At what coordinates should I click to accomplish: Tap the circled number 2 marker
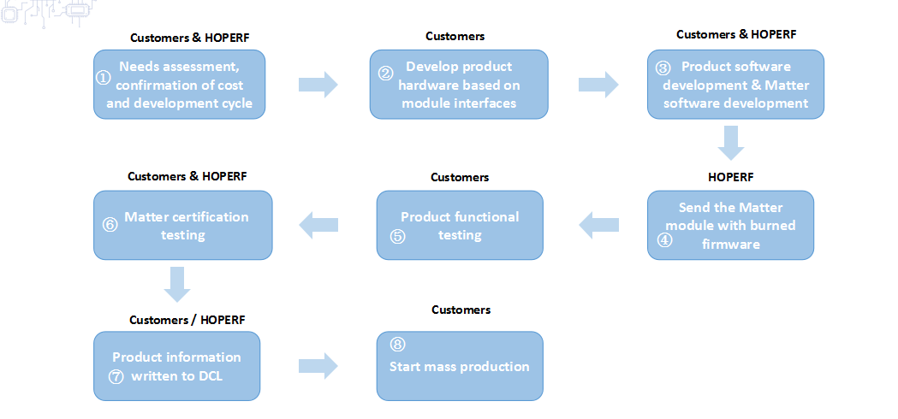[x=385, y=74]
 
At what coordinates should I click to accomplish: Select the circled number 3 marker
[x=663, y=68]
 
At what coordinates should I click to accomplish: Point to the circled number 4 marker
[x=664, y=240]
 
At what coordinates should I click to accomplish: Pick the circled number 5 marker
[x=397, y=236]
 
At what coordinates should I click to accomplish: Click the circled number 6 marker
[x=110, y=224]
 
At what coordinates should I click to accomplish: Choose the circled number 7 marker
[x=116, y=377]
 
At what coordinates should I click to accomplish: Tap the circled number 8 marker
[x=397, y=344]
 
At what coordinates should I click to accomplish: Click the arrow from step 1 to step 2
[x=318, y=85]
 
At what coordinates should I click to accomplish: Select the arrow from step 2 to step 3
[x=598, y=85]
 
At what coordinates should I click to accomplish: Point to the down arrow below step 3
[x=731, y=143]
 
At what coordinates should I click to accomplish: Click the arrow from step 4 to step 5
[x=599, y=226]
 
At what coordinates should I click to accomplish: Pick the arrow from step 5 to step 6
[x=318, y=226]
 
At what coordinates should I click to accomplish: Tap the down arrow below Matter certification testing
[x=177, y=285]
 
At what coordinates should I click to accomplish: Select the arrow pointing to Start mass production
[x=318, y=366]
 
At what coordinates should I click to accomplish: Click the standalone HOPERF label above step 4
[x=731, y=178]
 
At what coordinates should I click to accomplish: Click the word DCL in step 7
[x=212, y=376]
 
